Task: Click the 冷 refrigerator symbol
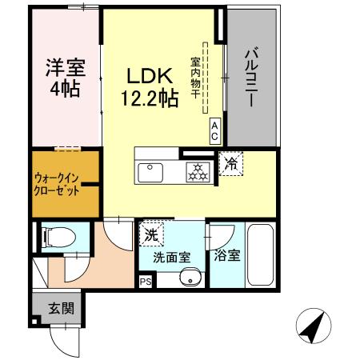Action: pyautogui.click(x=230, y=166)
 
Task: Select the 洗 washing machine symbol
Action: pyautogui.click(x=150, y=234)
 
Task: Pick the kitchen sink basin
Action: pyautogui.click(x=150, y=172)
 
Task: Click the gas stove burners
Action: pyautogui.click(x=197, y=171)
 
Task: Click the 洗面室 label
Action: pyautogui.click(x=172, y=258)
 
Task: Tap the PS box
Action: pyautogui.click(x=145, y=282)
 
